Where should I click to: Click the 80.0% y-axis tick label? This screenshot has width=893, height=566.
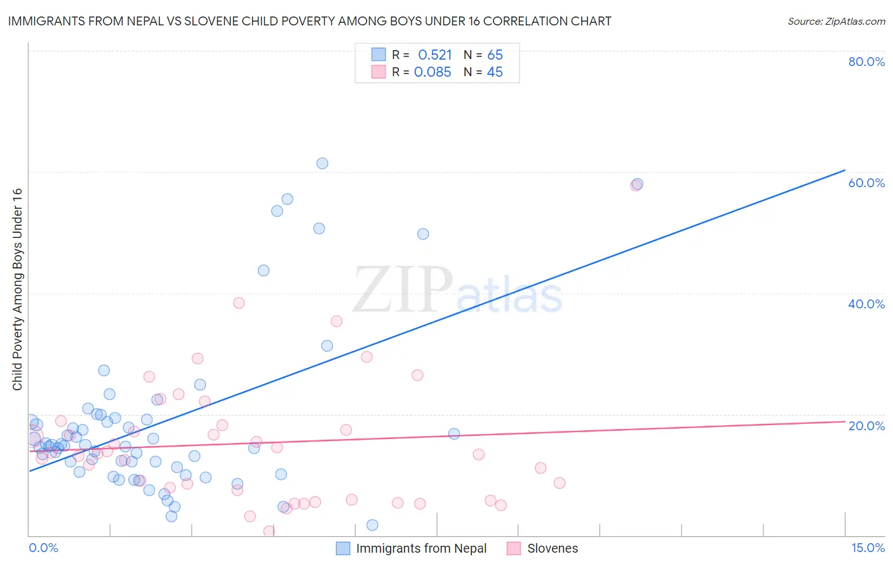point(866,62)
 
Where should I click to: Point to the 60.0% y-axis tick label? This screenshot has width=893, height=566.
point(866,183)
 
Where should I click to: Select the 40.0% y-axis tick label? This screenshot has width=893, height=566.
point(866,304)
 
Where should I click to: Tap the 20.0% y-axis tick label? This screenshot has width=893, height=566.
point(866,426)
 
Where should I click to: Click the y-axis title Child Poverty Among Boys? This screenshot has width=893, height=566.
point(17,289)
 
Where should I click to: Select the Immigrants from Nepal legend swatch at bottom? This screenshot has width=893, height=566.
point(343,548)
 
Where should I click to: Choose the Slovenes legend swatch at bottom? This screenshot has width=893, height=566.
point(514,548)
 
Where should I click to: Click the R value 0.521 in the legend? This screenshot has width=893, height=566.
point(434,55)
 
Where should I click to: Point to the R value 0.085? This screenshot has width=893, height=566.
point(433,72)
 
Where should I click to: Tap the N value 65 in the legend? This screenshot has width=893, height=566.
point(495,55)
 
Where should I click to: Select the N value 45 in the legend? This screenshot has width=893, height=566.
point(495,72)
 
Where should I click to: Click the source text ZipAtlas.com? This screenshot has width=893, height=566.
point(836,22)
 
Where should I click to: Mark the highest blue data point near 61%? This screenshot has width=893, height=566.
point(322,164)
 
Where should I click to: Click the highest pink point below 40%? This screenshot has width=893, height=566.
point(239,303)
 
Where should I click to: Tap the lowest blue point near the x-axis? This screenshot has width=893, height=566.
point(372,525)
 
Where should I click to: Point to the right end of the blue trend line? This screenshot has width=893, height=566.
point(845,170)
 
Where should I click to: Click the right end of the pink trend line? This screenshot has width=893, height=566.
point(845,421)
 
